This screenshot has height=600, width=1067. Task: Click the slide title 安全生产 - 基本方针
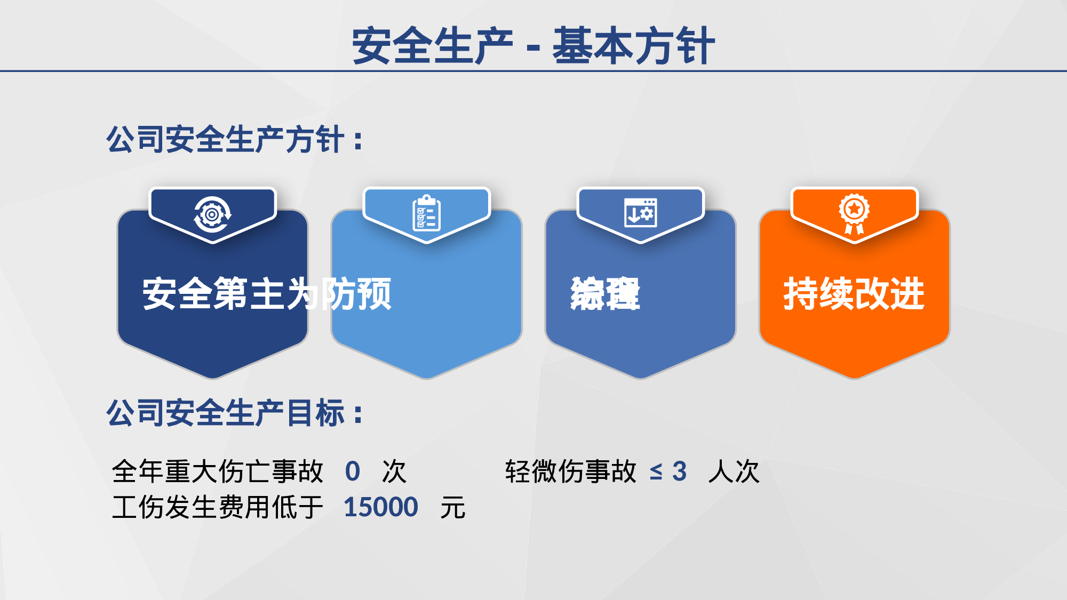click(x=533, y=46)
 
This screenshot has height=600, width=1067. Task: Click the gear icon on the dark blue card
click(x=212, y=214)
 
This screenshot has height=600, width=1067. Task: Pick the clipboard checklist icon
click(x=426, y=213)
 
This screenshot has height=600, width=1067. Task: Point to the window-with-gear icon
click(x=640, y=213)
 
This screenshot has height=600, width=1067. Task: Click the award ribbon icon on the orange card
click(x=854, y=213)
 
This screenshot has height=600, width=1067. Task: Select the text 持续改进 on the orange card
click(x=854, y=293)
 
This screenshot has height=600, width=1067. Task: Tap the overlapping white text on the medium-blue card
click(x=605, y=293)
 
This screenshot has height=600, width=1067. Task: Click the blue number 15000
click(x=380, y=507)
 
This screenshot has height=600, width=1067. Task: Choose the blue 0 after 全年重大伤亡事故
click(x=353, y=471)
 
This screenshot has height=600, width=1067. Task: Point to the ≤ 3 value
click(x=668, y=471)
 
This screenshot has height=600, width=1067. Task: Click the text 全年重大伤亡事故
click(x=218, y=471)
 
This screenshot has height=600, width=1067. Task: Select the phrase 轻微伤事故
click(x=571, y=471)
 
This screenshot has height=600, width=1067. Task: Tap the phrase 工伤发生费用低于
click(x=218, y=507)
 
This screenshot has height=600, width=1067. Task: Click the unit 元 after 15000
click(x=453, y=507)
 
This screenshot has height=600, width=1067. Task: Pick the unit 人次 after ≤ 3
click(x=734, y=471)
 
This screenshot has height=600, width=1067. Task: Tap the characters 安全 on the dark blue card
click(x=177, y=293)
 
